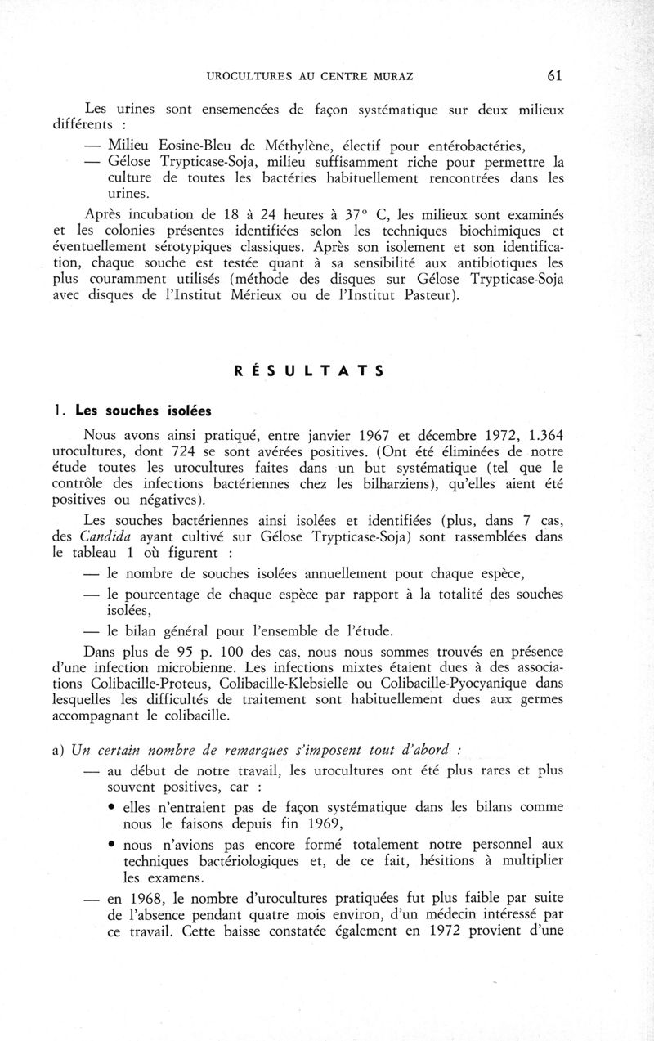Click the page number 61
[553, 76]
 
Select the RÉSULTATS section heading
[309, 370]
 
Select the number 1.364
[543, 434]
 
